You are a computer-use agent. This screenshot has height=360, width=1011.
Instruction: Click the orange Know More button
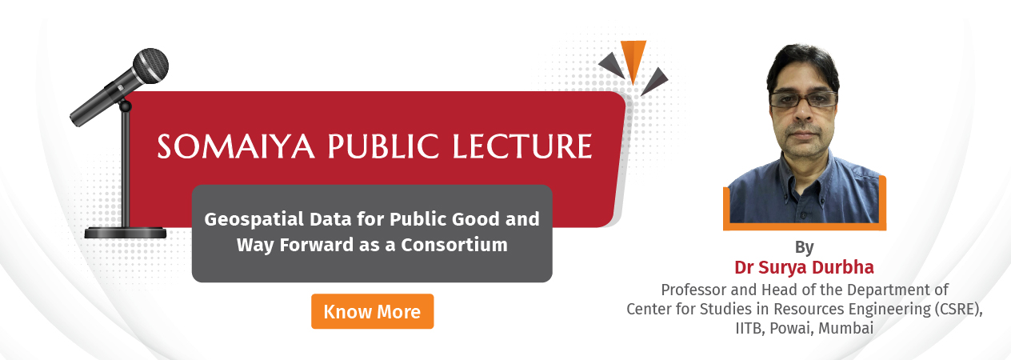(373, 311)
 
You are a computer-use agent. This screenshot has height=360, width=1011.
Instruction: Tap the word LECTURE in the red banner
(521, 146)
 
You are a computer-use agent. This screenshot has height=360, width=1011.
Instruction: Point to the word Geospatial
(254, 220)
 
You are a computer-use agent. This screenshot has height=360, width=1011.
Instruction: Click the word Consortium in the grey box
(454, 245)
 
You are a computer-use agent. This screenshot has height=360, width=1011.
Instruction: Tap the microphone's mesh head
(150, 66)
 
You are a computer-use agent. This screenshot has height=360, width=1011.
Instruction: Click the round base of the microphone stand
(126, 233)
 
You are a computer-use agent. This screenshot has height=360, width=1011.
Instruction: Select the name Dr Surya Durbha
(804, 267)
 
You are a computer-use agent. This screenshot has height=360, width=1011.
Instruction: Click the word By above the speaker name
(805, 247)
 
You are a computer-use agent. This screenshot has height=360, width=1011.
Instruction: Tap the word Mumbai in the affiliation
(845, 328)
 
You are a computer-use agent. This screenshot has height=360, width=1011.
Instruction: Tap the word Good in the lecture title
(476, 219)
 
